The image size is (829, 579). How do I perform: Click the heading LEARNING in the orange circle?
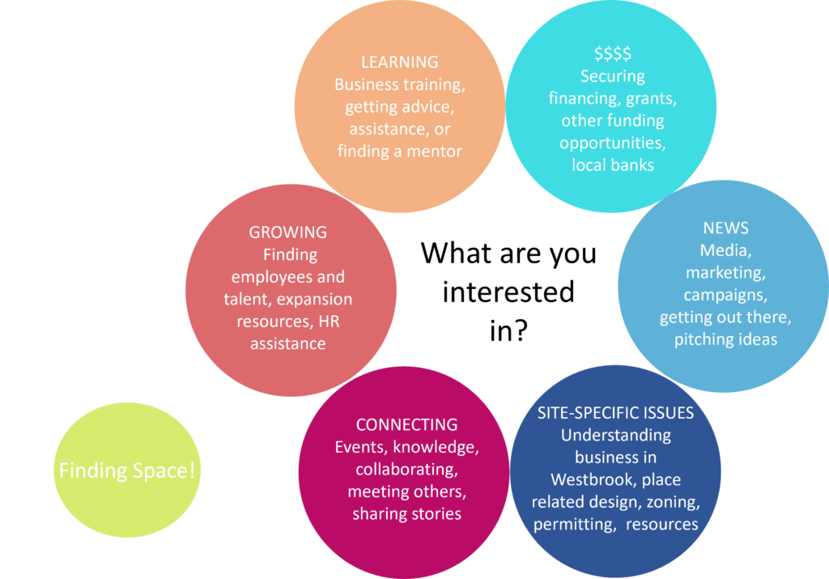tap(399, 62)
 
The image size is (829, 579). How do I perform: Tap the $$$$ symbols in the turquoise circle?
tap(612, 54)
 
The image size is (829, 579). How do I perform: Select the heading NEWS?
tap(725, 228)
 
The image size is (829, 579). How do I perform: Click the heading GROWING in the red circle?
tap(287, 232)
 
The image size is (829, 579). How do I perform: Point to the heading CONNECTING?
tap(406, 425)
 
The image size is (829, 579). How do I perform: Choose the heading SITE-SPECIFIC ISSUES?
tap(615, 413)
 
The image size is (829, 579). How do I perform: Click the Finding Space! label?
tap(127, 470)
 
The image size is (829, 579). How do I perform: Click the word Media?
tap(725, 250)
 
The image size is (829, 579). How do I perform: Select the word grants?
tap(652, 99)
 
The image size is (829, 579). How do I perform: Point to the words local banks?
tap(612, 165)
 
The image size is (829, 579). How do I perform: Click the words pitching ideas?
tap(725, 339)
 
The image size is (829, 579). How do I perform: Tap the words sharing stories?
tap(406, 514)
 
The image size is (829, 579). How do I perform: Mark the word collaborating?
tap(406, 470)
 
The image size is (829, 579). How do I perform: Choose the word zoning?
tap(671, 502)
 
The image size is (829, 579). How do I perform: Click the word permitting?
tap(572, 524)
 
